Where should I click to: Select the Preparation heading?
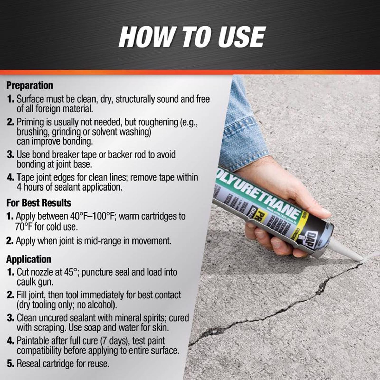30,85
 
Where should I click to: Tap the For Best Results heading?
39,203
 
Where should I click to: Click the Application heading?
29,259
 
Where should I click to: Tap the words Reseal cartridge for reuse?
63,364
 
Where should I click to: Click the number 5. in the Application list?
11,364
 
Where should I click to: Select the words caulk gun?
35,282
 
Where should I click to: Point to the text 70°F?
24,226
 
